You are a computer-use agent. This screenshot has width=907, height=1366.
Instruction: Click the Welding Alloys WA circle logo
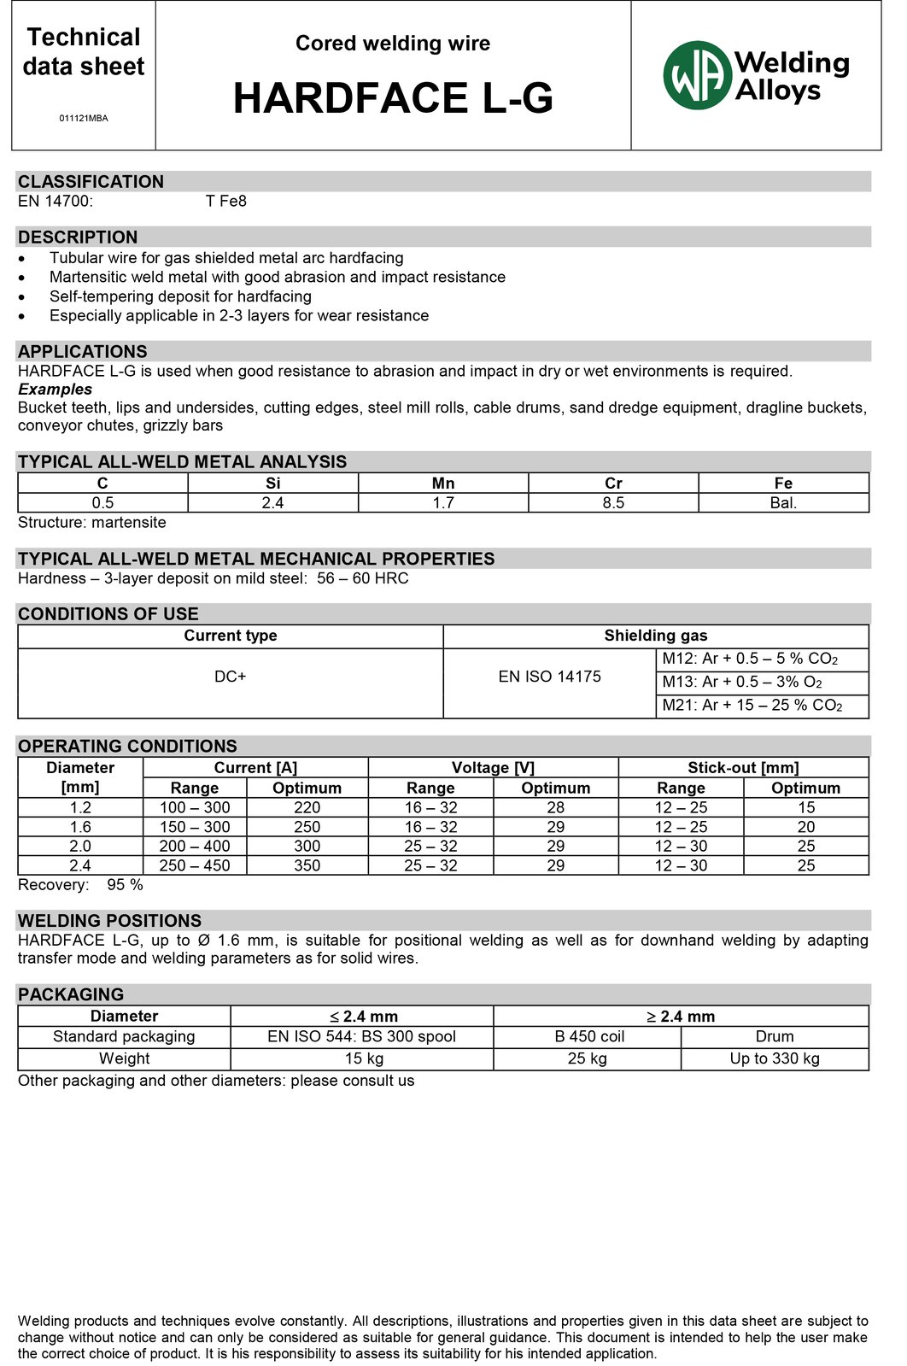tap(698, 75)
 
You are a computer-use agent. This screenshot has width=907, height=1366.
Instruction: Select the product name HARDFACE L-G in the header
tap(393, 98)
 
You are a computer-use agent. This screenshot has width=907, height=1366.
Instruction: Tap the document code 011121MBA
tap(84, 118)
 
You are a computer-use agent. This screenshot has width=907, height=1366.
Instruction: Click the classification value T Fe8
tap(226, 202)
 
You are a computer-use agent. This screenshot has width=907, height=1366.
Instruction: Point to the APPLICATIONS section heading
tap(83, 352)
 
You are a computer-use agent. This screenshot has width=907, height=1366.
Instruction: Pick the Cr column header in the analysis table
tap(613, 484)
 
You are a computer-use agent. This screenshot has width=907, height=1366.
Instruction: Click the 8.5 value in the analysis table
tap(613, 503)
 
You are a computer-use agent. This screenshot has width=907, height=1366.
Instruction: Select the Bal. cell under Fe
tap(783, 503)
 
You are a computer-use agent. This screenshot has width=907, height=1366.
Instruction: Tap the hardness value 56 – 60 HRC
tap(363, 578)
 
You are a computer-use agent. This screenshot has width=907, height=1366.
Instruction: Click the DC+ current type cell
tap(231, 677)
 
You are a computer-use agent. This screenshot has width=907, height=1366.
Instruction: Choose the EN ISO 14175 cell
tap(550, 677)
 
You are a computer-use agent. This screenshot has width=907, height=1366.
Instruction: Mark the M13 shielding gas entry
tap(742, 682)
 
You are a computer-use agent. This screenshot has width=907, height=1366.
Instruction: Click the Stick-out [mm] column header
tap(743, 768)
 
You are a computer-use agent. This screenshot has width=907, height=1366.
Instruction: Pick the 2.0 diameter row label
tap(80, 846)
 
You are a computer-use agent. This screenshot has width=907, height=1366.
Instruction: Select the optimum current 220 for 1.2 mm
tap(307, 807)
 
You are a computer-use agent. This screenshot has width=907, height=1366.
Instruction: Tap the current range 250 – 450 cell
tap(195, 865)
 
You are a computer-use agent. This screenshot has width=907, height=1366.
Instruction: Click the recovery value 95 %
tap(125, 885)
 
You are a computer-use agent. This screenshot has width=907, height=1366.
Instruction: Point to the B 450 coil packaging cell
tap(589, 1036)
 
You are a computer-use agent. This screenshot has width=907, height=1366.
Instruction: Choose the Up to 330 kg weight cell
tap(775, 1058)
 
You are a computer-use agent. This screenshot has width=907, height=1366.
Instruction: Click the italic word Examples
tap(56, 390)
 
